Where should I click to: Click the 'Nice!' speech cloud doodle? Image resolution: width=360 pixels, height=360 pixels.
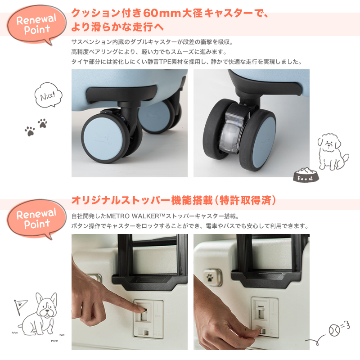pos(49,95)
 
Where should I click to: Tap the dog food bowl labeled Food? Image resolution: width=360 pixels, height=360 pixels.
pos(306,175)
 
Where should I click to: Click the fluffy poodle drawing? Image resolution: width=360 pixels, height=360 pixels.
pos(332,151)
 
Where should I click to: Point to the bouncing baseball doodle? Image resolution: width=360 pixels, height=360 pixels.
pos(334,330)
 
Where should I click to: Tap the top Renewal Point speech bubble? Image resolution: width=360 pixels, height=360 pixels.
pos(36,24)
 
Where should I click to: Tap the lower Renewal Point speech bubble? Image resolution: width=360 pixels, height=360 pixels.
pos(36,219)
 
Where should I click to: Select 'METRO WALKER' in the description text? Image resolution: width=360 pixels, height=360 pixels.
pos(133,216)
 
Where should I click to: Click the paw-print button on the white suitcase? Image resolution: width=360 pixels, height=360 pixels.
pos(212,277)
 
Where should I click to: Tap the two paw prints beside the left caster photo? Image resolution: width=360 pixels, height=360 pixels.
pos(36,127)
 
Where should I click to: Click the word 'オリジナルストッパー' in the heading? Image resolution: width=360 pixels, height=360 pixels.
pos(121,200)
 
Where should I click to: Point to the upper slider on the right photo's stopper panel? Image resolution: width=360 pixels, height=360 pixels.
pos(261,311)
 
